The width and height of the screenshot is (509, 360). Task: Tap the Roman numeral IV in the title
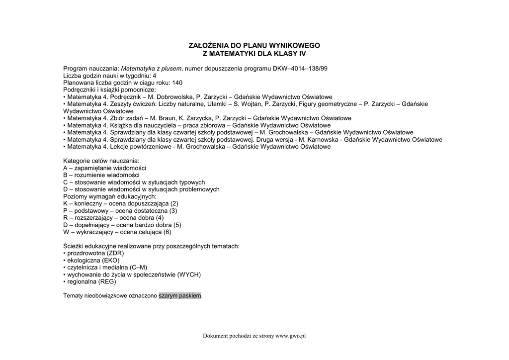(302, 53)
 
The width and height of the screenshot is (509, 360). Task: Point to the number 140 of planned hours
(177, 83)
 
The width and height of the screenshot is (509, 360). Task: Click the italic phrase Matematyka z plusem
(152, 68)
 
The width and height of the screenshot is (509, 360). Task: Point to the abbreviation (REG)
(107, 281)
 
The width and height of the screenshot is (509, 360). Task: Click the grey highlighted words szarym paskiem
(180, 296)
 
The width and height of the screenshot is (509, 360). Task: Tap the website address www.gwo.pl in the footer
(290, 336)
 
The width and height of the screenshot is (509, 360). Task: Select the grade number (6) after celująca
(167, 232)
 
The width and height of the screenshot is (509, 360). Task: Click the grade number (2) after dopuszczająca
(174, 203)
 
